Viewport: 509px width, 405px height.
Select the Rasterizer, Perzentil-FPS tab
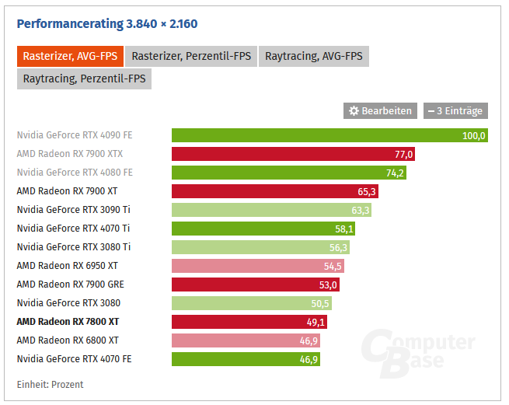pos(190,56)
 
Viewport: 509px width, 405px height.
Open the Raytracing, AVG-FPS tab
pos(313,56)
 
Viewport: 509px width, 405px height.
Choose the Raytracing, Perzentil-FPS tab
pos(84,79)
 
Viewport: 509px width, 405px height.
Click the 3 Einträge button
pos(455,111)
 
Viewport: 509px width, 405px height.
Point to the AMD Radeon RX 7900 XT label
pos(67,190)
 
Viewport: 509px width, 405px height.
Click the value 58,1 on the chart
pos(343,229)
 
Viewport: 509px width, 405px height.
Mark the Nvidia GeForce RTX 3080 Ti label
pos(73,247)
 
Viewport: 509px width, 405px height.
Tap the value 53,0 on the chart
pos(328,285)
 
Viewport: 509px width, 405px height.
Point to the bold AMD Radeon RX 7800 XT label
pos(68,321)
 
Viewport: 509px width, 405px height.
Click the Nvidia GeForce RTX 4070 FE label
pos(74,359)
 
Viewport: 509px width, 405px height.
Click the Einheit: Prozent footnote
pos(50,385)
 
